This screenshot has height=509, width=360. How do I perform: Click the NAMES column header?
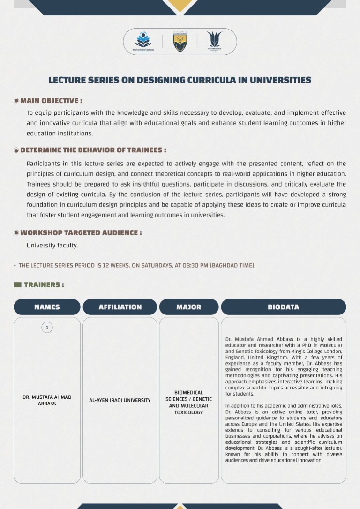[47, 307]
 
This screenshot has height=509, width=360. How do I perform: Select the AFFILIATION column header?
[120, 307]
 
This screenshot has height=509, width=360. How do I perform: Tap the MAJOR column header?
[189, 307]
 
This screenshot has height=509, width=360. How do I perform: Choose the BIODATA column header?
[283, 307]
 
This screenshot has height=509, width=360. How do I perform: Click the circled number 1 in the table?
[47, 328]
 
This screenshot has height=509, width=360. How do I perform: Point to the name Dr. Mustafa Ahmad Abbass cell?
[47, 400]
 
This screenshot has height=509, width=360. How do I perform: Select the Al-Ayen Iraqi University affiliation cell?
[120, 400]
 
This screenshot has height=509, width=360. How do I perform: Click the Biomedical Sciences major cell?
[189, 403]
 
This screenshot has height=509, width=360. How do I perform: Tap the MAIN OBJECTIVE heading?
[51, 101]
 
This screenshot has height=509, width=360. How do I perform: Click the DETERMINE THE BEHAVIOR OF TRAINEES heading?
[93, 150]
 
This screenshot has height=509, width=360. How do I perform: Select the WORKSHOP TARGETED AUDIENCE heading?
[81, 233]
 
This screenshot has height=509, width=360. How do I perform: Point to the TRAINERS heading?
[44, 285]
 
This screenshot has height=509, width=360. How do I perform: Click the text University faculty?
[52, 246]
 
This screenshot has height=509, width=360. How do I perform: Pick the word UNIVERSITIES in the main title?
[280, 80]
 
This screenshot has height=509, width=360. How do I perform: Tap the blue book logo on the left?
[143, 42]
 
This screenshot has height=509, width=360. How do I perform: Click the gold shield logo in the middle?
[180, 42]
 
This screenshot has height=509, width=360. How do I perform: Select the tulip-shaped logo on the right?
[214, 41]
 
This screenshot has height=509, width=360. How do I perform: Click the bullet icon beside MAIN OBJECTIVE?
[16, 101]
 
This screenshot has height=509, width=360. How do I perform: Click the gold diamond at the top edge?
[180, 5]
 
